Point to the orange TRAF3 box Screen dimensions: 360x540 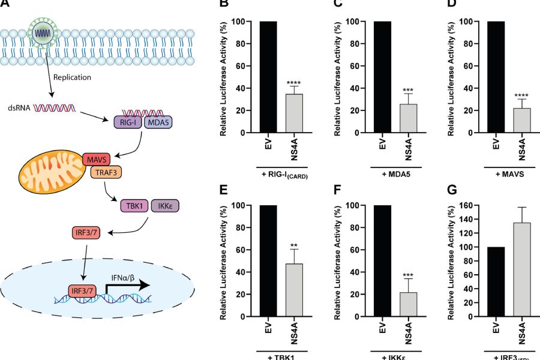(x=106, y=174)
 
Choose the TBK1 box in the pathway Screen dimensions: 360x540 (x=137, y=205)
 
